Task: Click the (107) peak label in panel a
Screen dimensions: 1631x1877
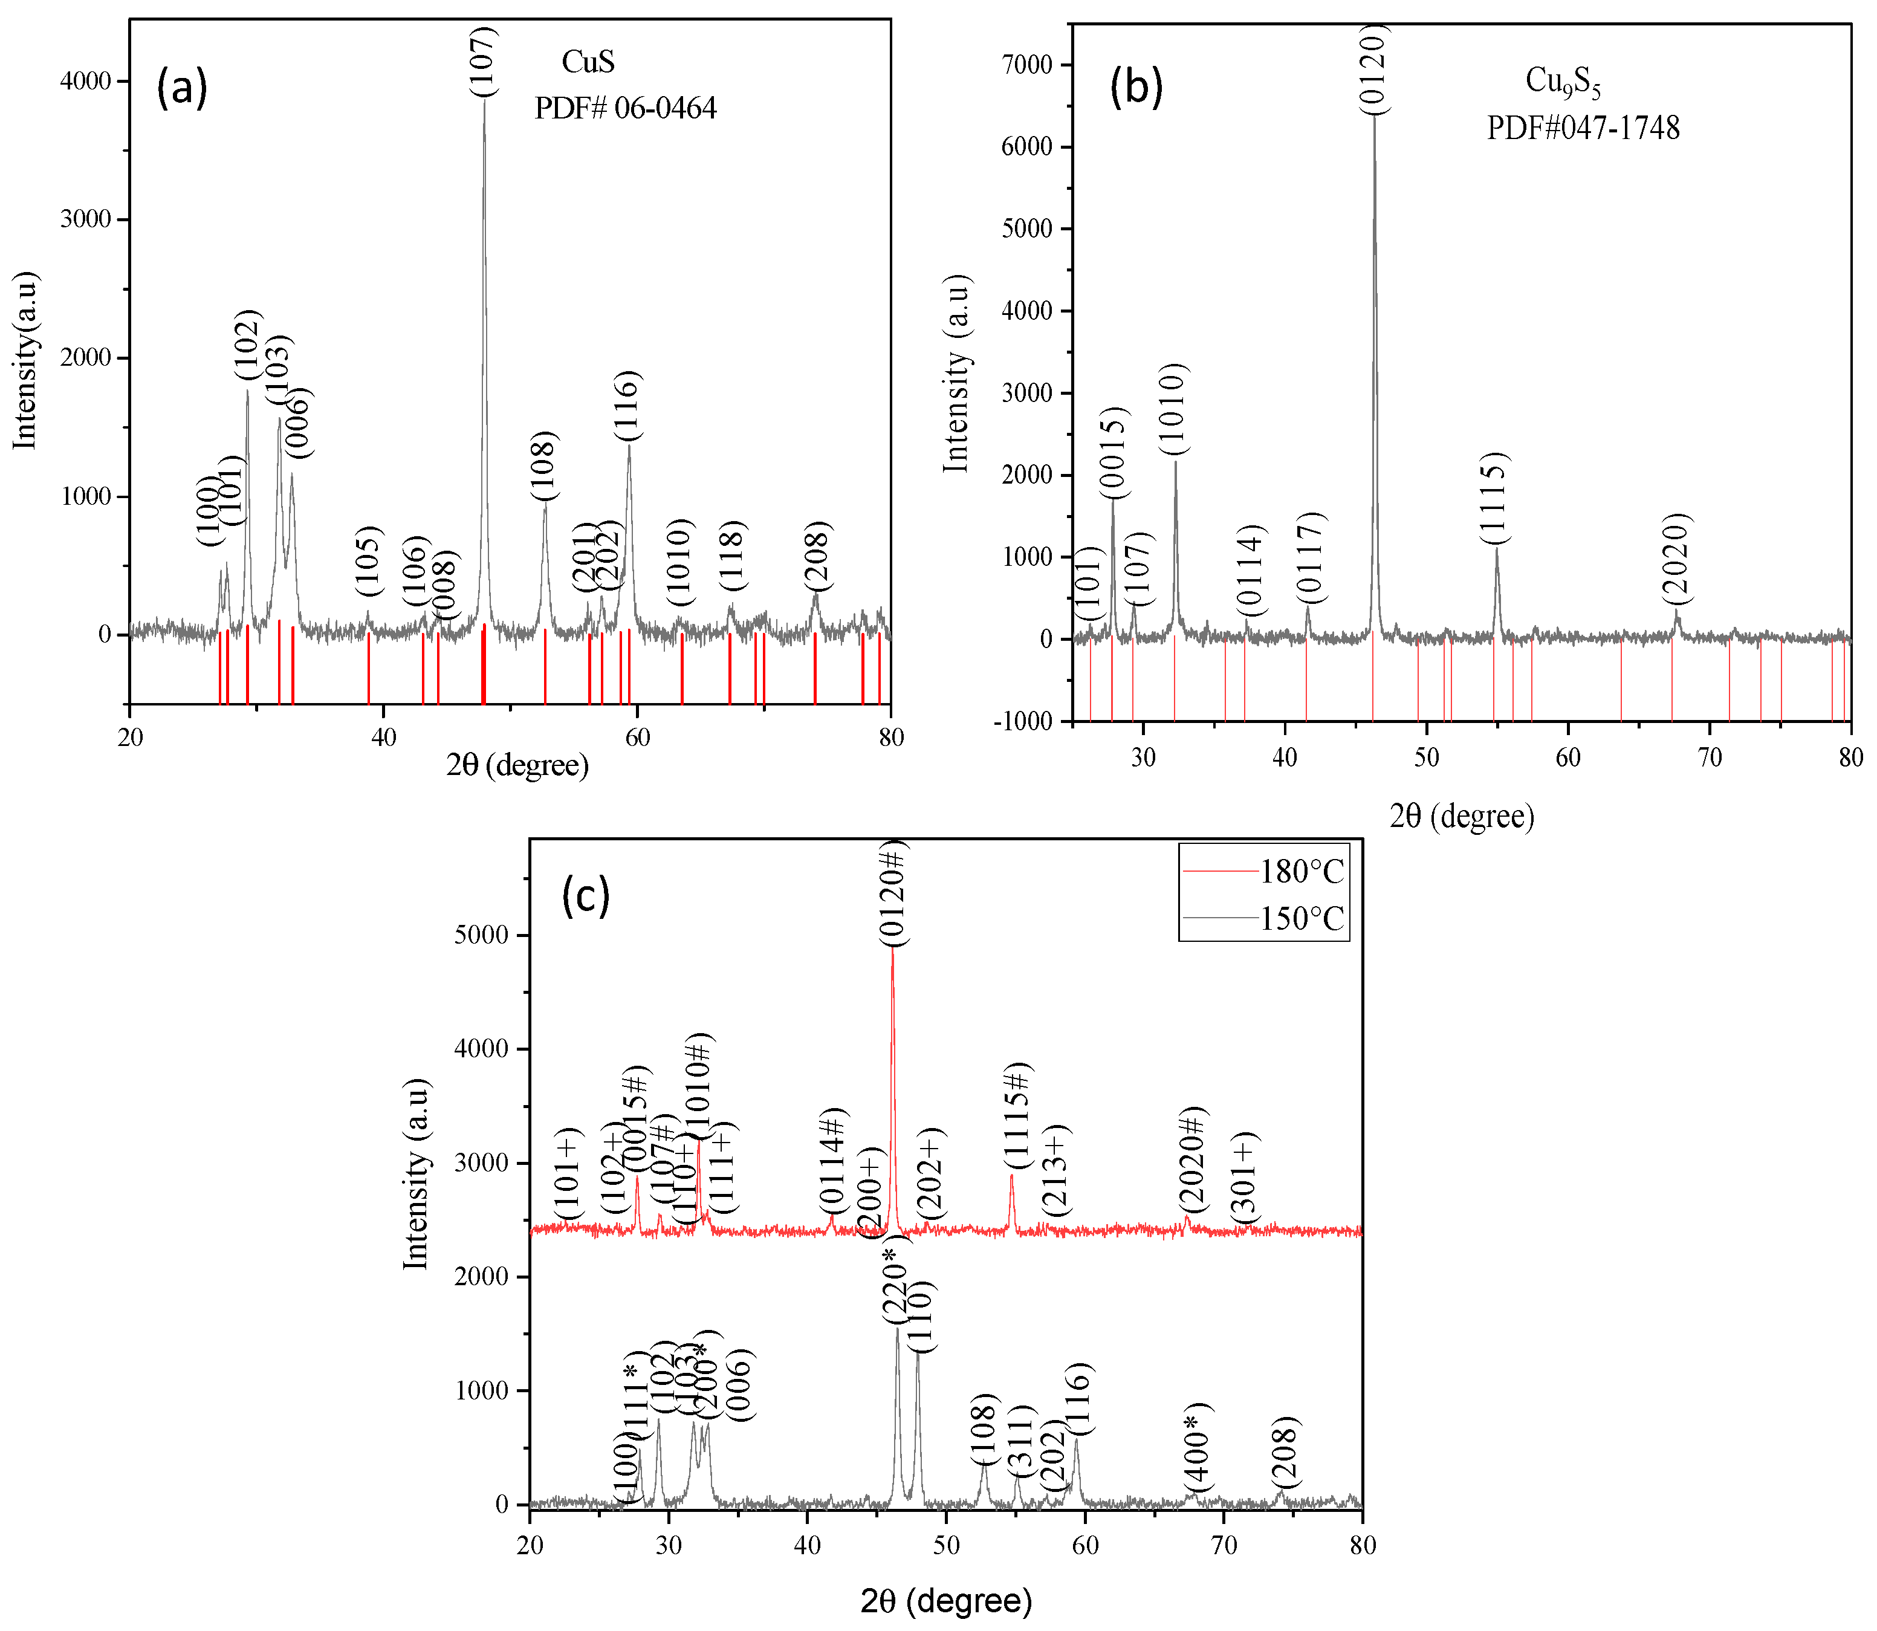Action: [x=484, y=61]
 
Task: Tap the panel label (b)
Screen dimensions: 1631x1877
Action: [x=1136, y=88]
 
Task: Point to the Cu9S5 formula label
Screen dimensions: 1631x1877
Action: [x=1563, y=83]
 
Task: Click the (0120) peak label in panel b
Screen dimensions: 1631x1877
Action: [x=1375, y=69]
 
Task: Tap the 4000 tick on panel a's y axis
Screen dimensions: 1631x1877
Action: [x=86, y=81]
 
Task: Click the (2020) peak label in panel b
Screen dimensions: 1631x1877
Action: [x=1676, y=559]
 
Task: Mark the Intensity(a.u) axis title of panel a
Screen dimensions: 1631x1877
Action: [x=25, y=360]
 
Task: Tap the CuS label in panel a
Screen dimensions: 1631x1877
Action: [x=588, y=62]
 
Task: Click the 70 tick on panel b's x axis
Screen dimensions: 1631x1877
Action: [x=1710, y=757]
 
